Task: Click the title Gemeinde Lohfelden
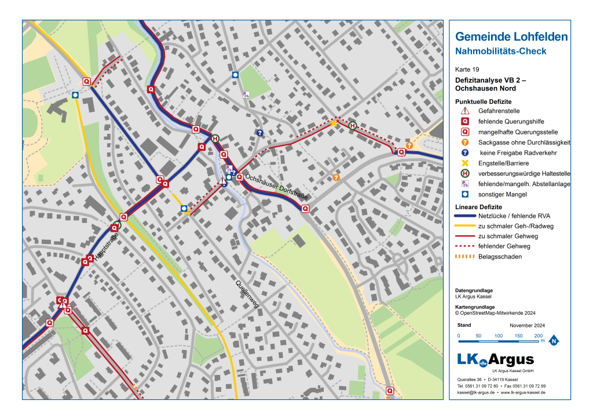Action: tap(511, 37)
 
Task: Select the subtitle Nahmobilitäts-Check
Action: tap(501, 52)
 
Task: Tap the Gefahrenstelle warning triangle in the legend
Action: tap(464, 111)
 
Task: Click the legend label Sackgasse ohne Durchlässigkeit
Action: tap(524, 143)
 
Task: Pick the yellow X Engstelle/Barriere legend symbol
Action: tap(464, 163)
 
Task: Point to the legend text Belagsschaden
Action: tap(500, 257)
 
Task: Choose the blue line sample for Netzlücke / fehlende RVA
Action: tap(464, 215)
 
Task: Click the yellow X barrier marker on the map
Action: tap(334, 123)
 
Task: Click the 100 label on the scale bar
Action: tap(498, 336)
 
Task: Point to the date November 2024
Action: tap(527, 326)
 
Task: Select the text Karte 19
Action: tap(467, 70)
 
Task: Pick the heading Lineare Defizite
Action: tap(478, 207)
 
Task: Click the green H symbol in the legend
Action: tap(464, 174)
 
